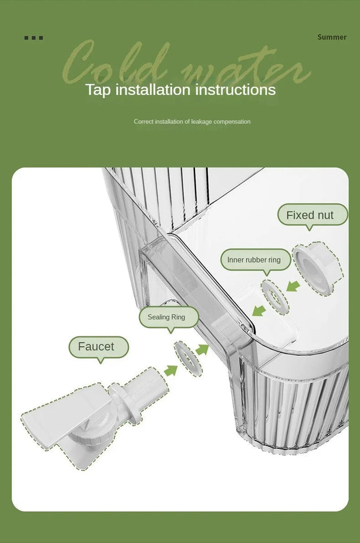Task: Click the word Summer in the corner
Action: (x=332, y=37)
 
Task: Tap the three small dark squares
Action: (x=33, y=38)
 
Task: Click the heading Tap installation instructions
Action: (x=180, y=90)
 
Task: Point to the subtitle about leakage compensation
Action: (x=192, y=122)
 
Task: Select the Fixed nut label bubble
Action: (x=313, y=215)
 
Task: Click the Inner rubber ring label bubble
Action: (x=256, y=260)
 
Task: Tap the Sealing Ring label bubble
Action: (x=169, y=317)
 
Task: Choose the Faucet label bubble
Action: (x=99, y=347)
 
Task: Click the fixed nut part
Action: (x=318, y=268)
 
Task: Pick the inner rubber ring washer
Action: (x=275, y=297)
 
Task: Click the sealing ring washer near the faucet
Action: (x=188, y=359)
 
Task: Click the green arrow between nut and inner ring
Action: (x=293, y=286)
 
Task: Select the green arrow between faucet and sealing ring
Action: (x=170, y=370)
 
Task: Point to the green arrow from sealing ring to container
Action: (x=202, y=350)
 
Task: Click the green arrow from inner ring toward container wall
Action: (x=259, y=311)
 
